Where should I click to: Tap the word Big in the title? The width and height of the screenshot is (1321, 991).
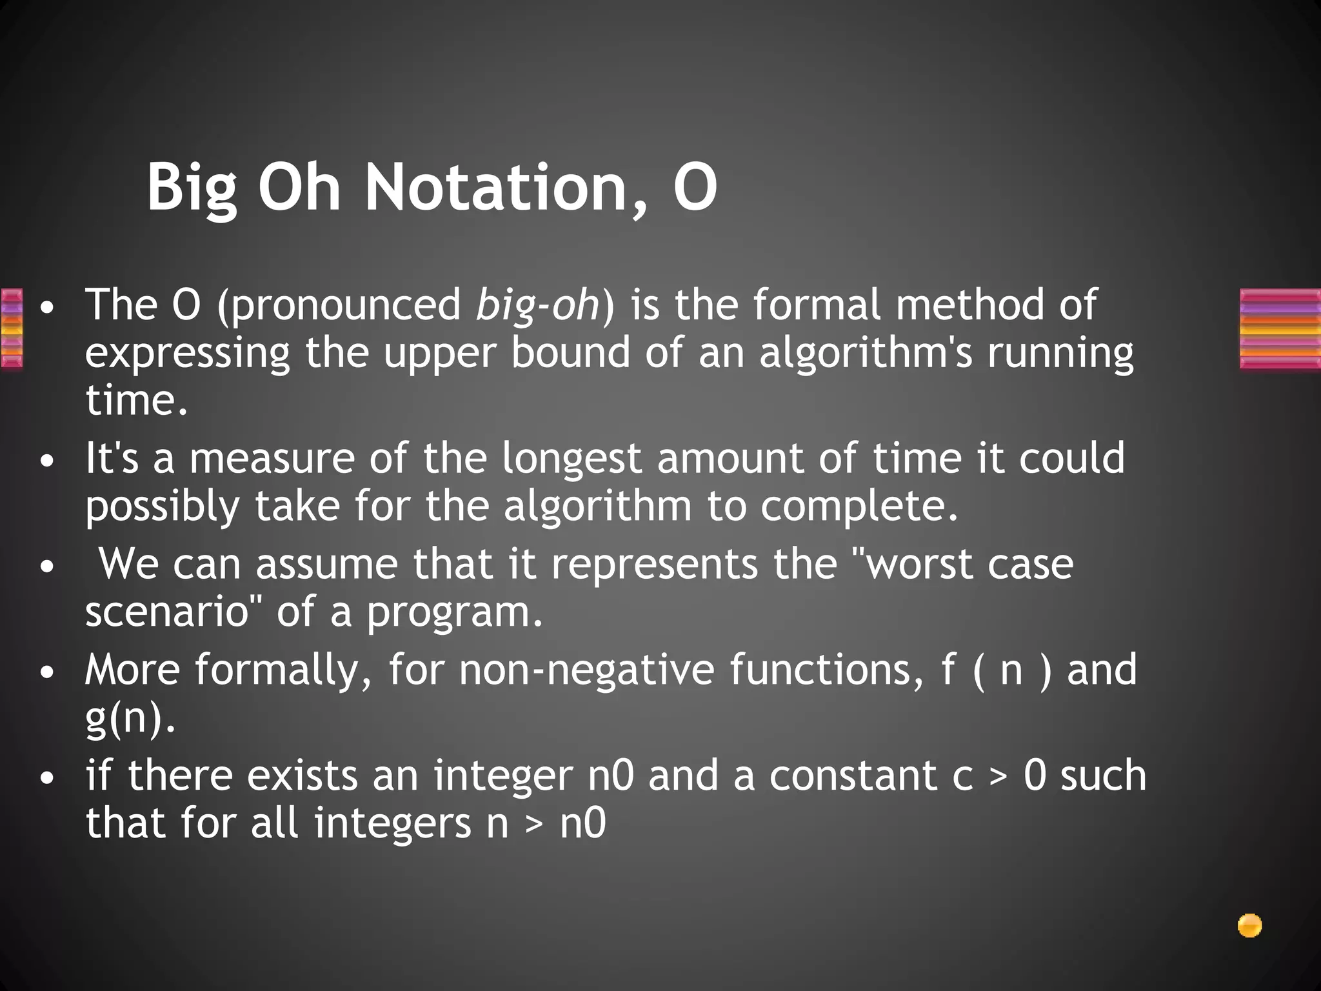192,188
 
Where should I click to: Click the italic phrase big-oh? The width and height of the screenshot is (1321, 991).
537,305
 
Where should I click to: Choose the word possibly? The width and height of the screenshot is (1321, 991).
163,507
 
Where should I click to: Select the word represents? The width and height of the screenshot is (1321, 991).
654,563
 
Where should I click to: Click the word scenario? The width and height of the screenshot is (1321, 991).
167,611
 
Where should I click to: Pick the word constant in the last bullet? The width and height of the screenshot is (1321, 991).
853,775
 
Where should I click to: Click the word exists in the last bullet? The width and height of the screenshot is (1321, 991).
302,775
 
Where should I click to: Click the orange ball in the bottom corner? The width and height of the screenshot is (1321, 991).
1249,926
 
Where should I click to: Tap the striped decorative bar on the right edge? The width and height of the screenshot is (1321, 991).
1280,329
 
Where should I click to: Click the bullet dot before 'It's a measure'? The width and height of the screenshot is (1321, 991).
46,463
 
